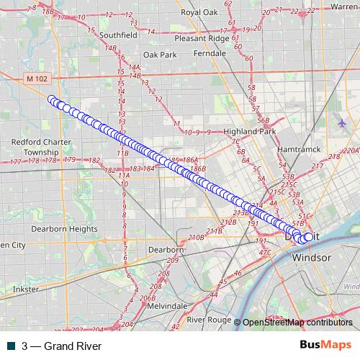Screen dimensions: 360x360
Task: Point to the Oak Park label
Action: [159, 54]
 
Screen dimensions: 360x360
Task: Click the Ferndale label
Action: [210, 53]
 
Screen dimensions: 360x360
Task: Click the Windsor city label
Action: [311, 257]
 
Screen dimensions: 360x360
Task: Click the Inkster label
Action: [25, 289]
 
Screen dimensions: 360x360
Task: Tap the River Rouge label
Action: [209, 319]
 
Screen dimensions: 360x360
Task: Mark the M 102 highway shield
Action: [36, 78]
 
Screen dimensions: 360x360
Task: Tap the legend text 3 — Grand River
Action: [61, 346]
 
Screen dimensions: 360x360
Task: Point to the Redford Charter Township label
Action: [41, 147]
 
